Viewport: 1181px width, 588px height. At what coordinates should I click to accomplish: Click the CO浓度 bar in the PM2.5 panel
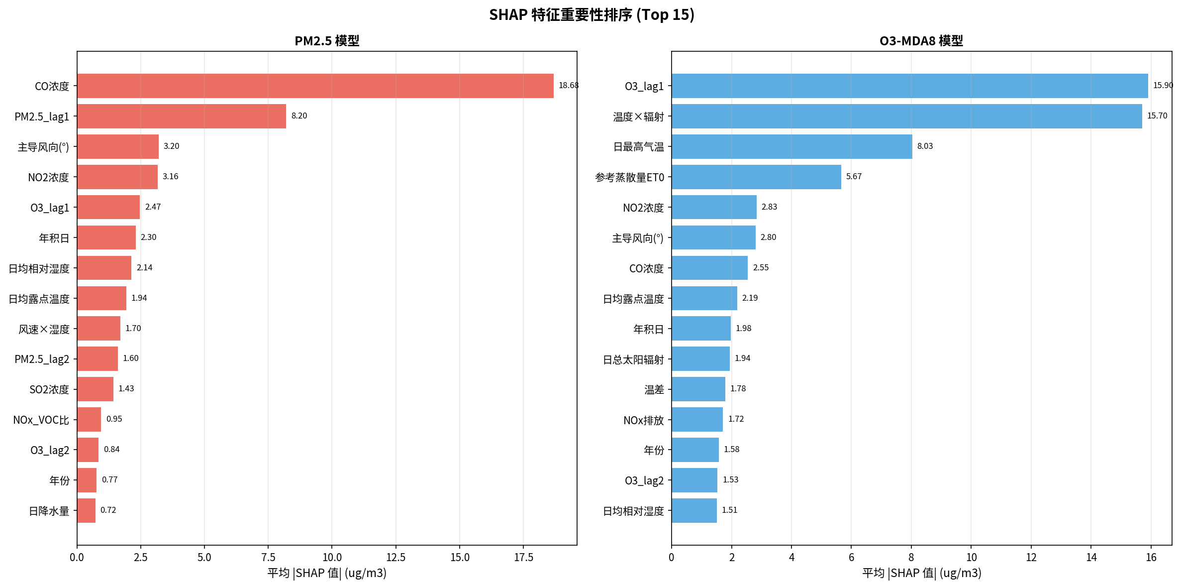point(315,86)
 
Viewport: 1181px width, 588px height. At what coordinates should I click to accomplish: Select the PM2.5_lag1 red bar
point(182,116)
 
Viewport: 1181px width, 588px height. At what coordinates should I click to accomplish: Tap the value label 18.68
point(568,86)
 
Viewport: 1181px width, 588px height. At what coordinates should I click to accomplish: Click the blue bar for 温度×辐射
point(906,116)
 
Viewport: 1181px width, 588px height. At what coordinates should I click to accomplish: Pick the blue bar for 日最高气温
point(791,146)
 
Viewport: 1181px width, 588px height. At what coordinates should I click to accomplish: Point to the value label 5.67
point(854,177)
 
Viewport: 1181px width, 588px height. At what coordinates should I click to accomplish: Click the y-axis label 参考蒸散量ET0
point(629,177)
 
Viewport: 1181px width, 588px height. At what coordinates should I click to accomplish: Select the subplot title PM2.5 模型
point(327,41)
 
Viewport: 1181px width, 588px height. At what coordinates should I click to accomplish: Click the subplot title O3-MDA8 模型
point(921,41)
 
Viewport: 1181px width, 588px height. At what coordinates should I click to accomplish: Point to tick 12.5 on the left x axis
point(396,557)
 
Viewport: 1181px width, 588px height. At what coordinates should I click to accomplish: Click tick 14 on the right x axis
point(1091,557)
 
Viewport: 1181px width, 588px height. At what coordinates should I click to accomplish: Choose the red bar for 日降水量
point(86,510)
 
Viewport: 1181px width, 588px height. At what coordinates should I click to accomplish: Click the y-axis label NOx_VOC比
point(41,420)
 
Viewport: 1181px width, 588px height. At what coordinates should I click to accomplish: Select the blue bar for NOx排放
point(697,419)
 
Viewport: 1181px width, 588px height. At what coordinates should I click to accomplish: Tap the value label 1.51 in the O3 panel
point(729,510)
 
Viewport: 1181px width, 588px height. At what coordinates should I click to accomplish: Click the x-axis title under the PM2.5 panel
point(327,573)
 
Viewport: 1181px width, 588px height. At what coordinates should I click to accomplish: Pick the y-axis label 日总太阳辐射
point(633,359)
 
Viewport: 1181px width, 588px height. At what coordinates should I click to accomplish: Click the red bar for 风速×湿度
point(98,328)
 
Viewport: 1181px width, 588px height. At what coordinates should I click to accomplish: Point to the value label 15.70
point(1157,116)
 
